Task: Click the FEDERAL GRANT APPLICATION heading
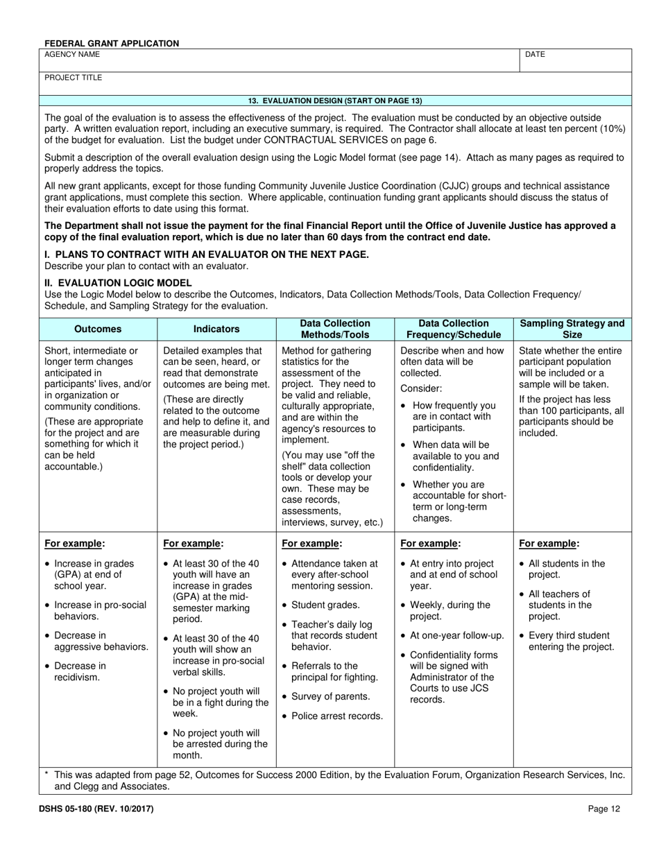point(112,43)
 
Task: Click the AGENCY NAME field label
point(72,54)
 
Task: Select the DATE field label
point(536,54)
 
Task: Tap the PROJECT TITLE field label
point(74,78)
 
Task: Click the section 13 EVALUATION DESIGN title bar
point(335,101)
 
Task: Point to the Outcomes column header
point(98,329)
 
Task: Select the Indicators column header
point(216,329)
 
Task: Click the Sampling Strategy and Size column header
point(572,329)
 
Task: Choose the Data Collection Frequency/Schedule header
point(454,329)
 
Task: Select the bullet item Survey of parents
point(330,696)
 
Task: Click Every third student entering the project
point(570,641)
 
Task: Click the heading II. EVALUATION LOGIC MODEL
point(118,283)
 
